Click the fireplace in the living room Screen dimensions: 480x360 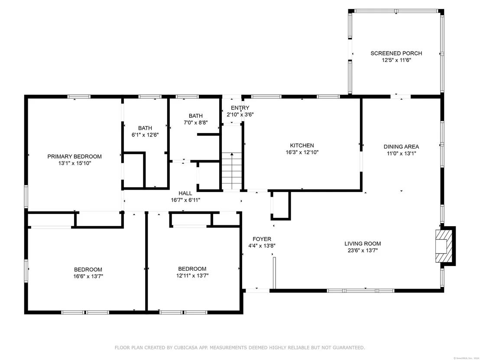(x=445, y=246)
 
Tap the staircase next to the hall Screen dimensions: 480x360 (x=232, y=171)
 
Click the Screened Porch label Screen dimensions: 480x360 (x=396, y=53)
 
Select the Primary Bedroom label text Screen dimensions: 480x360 (x=75, y=156)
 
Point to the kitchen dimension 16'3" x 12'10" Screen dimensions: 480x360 (x=302, y=152)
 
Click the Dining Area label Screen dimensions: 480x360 (x=401, y=146)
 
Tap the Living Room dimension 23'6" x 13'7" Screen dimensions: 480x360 (x=363, y=250)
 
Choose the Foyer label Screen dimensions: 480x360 (x=262, y=239)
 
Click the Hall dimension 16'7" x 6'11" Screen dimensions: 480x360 (x=185, y=200)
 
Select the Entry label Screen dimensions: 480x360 (x=240, y=108)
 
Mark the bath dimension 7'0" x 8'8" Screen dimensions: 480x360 (x=196, y=123)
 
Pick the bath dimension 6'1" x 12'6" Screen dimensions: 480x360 (x=145, y=135)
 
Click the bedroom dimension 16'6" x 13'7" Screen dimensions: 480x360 (x=88, y=276)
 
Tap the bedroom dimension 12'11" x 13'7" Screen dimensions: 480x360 (x=192, y=276)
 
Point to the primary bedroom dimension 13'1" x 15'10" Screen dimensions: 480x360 (x=75, y=163)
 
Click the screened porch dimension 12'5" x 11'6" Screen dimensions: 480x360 (x=396, y=60)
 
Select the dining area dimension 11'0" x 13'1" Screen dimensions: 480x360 (x=401, y=153)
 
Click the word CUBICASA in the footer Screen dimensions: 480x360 (x=185, y=347)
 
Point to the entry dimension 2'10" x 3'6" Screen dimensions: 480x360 (x=240, y=114)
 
